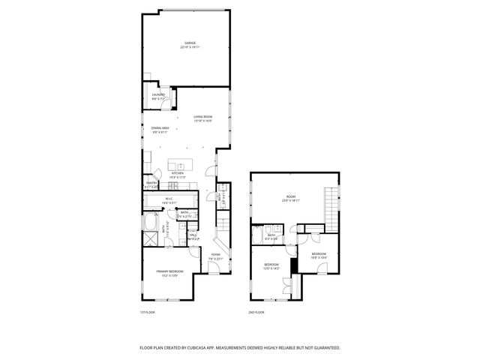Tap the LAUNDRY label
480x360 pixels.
158,96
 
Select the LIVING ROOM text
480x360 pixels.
203,118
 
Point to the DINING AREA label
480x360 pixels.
158,130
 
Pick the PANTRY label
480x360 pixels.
151,184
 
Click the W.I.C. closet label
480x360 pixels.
169,201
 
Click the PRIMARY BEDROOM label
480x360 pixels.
169,272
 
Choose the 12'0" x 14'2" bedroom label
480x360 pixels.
271,266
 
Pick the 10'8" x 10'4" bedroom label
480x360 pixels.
319,256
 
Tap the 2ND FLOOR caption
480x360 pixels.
256,312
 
